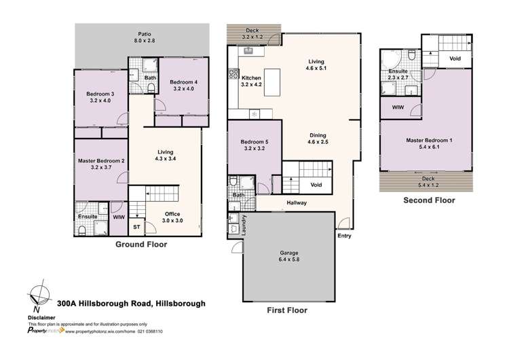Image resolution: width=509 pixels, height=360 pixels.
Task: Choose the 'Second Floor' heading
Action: [429, 200]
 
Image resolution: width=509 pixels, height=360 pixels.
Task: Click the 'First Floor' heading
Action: [284, 310]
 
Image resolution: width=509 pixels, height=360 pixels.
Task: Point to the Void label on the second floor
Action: [456, 58]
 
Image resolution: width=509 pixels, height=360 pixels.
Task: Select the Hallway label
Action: [297, 202]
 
